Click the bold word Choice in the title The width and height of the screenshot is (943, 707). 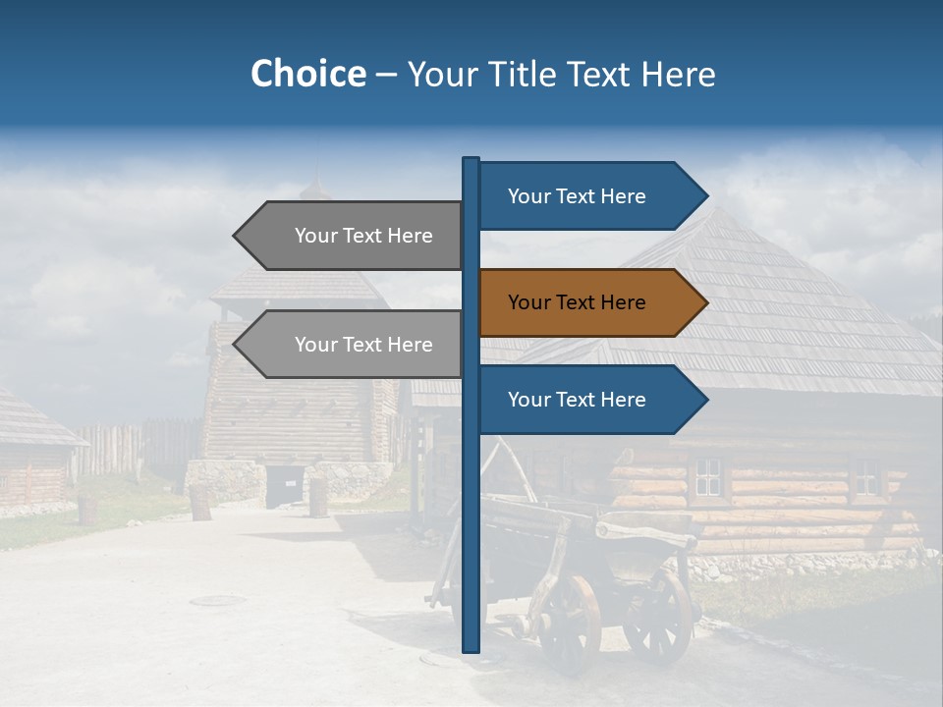pos(307,75)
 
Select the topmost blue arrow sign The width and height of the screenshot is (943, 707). pos(589,196)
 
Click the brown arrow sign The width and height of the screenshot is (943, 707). pos(589,302)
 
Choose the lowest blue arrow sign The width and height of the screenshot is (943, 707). pos(589,400)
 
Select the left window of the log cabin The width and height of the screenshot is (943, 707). pos(707,477)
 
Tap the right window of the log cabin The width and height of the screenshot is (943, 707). pos(865,476)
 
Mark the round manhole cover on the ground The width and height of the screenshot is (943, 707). pos(218,600)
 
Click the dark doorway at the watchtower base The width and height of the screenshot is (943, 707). pos(284,486)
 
